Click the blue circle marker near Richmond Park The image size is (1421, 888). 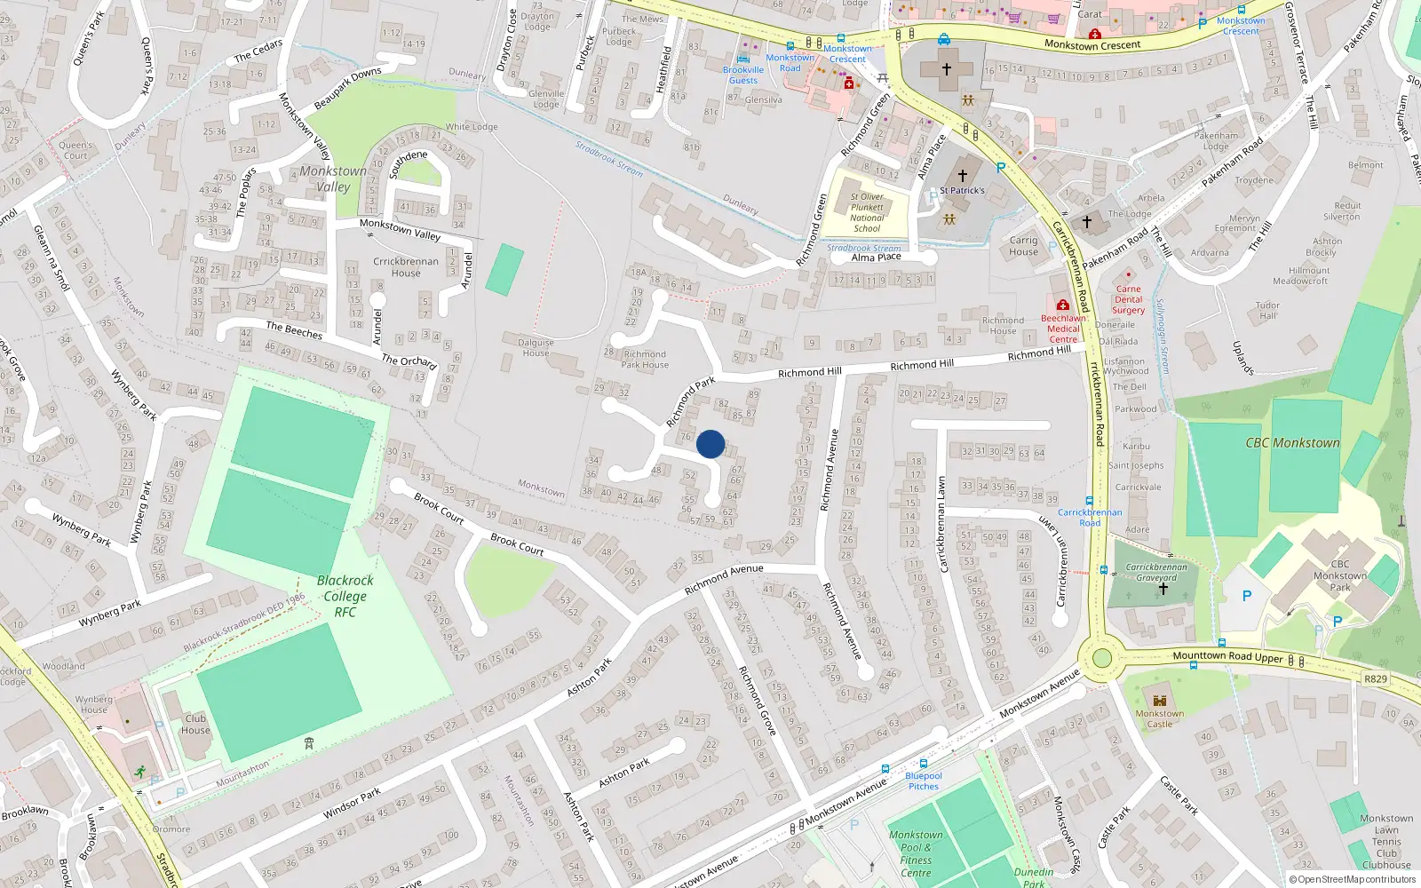[x=710, y=444]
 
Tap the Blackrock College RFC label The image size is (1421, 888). [x=345, y=596]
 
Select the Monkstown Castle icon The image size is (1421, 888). [x=1159, y=699]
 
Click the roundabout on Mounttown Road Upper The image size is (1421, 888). [x=1102, y=658]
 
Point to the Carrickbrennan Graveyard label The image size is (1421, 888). [x=1156, y=572]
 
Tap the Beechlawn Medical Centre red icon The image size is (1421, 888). [x=1062, y=305]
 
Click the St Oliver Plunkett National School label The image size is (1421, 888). [x=867, y=212]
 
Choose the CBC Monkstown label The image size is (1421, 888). [x=1292, y=442]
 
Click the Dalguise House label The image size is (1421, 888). [x=536, y=347]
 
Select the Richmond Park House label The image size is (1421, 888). [x=645, y=359]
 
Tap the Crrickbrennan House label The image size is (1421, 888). [x=406, y=266]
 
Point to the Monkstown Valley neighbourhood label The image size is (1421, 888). [x=333, y=178]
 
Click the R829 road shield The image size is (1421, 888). [x=1375, y=678]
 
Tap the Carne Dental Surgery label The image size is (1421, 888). [x=1128, y=299]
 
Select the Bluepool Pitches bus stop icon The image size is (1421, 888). [x=924, y=764]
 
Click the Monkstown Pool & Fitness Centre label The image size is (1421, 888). [x=916, y=853]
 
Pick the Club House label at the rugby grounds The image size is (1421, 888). [x=195, y=725]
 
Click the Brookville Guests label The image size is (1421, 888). [x=743, y=75]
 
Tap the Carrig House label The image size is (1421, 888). [x=1023, y=246]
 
